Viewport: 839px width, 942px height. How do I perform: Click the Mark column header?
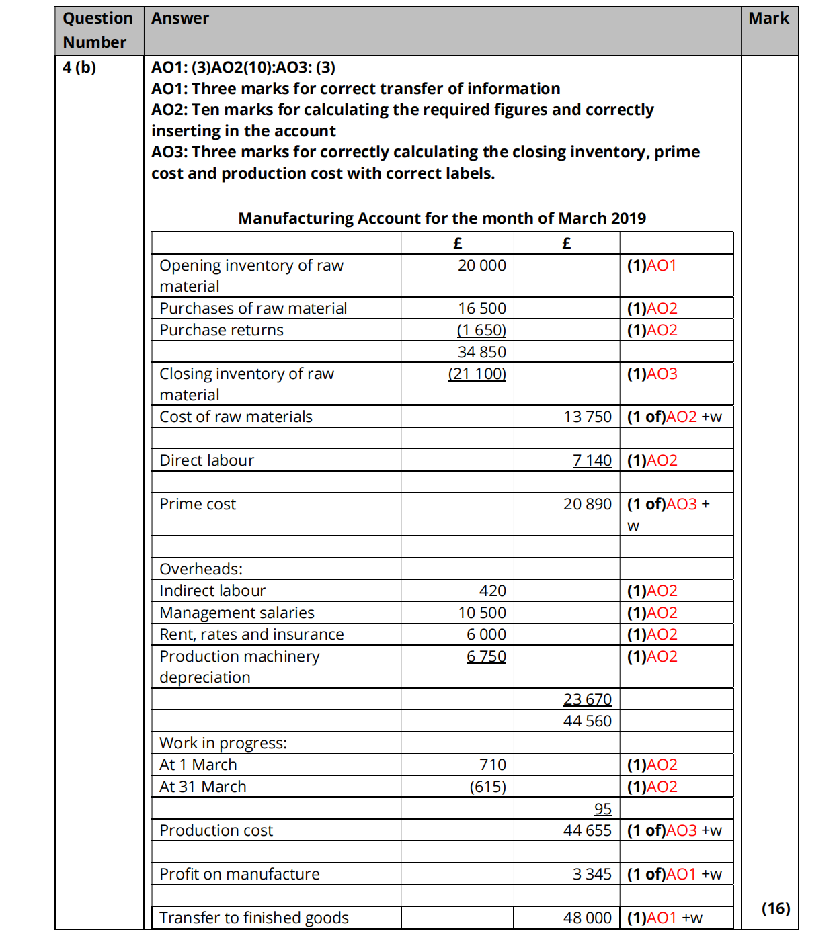pyautogui.click(x=768, y=19)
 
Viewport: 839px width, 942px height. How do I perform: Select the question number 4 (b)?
pyautogui.click(x=79, y=67)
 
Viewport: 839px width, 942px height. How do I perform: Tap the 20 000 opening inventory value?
pyautogui.click(x=481, y=266)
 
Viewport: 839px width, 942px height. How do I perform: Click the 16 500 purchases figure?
pyautogui.click(x=481, y=309)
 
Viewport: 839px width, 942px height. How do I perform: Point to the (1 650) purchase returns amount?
pyautogui.click(x=481, y=331)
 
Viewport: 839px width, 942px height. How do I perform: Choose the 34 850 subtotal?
pyautogui.click(x=481, y=352)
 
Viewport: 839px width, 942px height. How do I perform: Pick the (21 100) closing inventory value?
pyautogui.click(x=477, y=374)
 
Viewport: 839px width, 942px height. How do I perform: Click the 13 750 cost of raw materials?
pyautogui.click(x=588, y=417)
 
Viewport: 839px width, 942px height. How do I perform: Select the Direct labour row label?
pyautogui.click(x=206, y=461)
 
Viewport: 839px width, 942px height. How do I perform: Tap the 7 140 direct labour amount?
pyautogui.click(x=592, y=461)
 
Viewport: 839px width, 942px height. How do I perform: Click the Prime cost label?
pyautogui.click(x=198, y=505)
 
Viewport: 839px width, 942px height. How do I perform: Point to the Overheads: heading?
pyautogui.click(x=201, y=570)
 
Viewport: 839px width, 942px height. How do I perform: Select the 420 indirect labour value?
pyautogui.click(x=492, y=591)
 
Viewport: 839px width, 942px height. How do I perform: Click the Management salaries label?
pyautogui.click(x=237, y=613)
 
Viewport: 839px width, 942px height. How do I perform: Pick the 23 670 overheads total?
pyautogui.click(x=588, y=700)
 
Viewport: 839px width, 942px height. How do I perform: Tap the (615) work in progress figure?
pyautogui.click(x=487, y=787)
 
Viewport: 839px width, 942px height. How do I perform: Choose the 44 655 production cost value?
pyautogui.click(x=588, y=831)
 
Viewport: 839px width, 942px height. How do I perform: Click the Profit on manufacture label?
pyautogui.click(x=239, y=875)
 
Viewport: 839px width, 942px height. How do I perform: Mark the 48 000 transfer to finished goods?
pyautogui.click(x=588, y=918)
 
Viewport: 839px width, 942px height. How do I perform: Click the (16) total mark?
pyautogui.click(x=775, y=909)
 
